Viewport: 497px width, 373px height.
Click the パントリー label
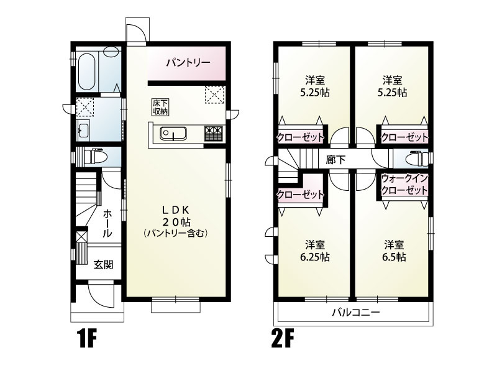(187, 62)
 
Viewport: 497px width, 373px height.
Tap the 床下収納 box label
(161, 106)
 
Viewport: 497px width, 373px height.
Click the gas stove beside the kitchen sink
(212, 133)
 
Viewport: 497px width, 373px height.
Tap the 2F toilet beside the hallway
(417, 158)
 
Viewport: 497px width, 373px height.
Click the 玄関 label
(103, 264)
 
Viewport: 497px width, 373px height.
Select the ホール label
(107, 223)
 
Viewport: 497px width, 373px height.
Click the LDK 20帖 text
(176, 215)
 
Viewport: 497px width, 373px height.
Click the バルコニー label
(355, 312)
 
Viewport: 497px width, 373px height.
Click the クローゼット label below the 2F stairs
(301, 194)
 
